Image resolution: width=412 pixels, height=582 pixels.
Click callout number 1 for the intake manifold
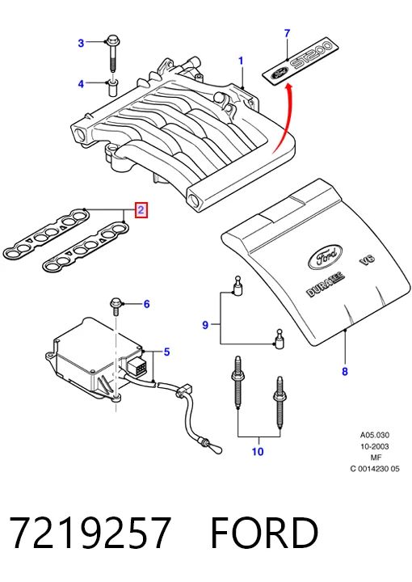tap(241, 61)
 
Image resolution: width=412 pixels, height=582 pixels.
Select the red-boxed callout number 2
tap(141, 210)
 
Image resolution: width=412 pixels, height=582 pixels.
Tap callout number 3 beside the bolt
tap(81, 43)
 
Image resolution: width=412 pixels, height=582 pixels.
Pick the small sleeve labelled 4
tap(113, 87)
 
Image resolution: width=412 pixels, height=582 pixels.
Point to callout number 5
tap(166, 352)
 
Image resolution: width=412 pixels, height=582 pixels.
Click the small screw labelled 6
tap(116, 306)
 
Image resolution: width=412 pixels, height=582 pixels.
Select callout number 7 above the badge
tap(287, 33)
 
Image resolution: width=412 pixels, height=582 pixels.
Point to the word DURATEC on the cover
tap(326, 285)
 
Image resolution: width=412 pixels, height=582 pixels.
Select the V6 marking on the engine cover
tap(367, 259)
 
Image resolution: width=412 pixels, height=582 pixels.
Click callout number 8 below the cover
tap(344, 371)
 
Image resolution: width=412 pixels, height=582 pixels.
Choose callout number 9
tap(205, 325)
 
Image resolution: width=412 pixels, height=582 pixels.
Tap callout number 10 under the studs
tap(258, 452)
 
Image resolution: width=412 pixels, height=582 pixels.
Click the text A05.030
tap(375, 435)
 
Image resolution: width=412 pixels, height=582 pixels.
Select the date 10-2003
tap(375, 446)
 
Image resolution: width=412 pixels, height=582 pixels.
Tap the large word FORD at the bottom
tap(264, 532)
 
